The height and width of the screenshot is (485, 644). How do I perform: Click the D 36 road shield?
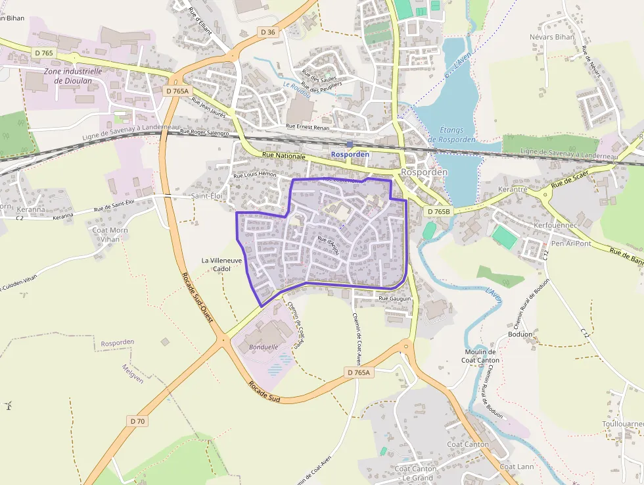(267, 32)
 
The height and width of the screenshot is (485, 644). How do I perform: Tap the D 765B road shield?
(438, 211)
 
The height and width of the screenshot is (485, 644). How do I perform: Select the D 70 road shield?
(137, 421)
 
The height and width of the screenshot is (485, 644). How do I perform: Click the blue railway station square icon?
(350, 144)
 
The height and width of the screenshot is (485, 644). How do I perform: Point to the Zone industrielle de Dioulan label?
(73, 76)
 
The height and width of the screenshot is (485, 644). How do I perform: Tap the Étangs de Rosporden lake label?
(451, 135)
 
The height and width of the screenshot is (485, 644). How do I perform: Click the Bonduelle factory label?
(263, 346)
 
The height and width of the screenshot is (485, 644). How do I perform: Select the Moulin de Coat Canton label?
(480, 356)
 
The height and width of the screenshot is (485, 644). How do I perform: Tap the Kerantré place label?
(513, 189)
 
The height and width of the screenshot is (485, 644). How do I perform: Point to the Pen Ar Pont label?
(570, 243)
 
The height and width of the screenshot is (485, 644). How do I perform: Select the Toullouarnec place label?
(622, 424)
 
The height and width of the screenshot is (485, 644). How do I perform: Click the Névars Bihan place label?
(552, 37)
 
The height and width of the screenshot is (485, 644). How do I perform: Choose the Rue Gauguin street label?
(394, 298)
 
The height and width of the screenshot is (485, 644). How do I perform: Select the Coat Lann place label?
(517, 467)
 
